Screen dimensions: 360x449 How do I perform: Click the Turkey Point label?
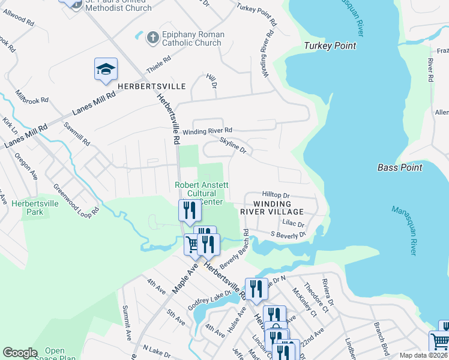point(330,46)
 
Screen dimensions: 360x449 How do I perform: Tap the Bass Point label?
point(400,167)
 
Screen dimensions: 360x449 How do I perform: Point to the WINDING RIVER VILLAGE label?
point(273,208)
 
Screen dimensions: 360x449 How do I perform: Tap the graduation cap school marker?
point(106,69)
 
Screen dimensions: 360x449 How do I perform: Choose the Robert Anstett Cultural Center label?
point(201,194)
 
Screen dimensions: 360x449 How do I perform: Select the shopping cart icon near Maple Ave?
point(193,244)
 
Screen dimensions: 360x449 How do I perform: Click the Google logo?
point(20,353)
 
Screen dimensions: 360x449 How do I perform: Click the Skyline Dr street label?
point(233,143)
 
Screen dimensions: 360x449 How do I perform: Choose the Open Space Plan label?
point(60,354)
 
